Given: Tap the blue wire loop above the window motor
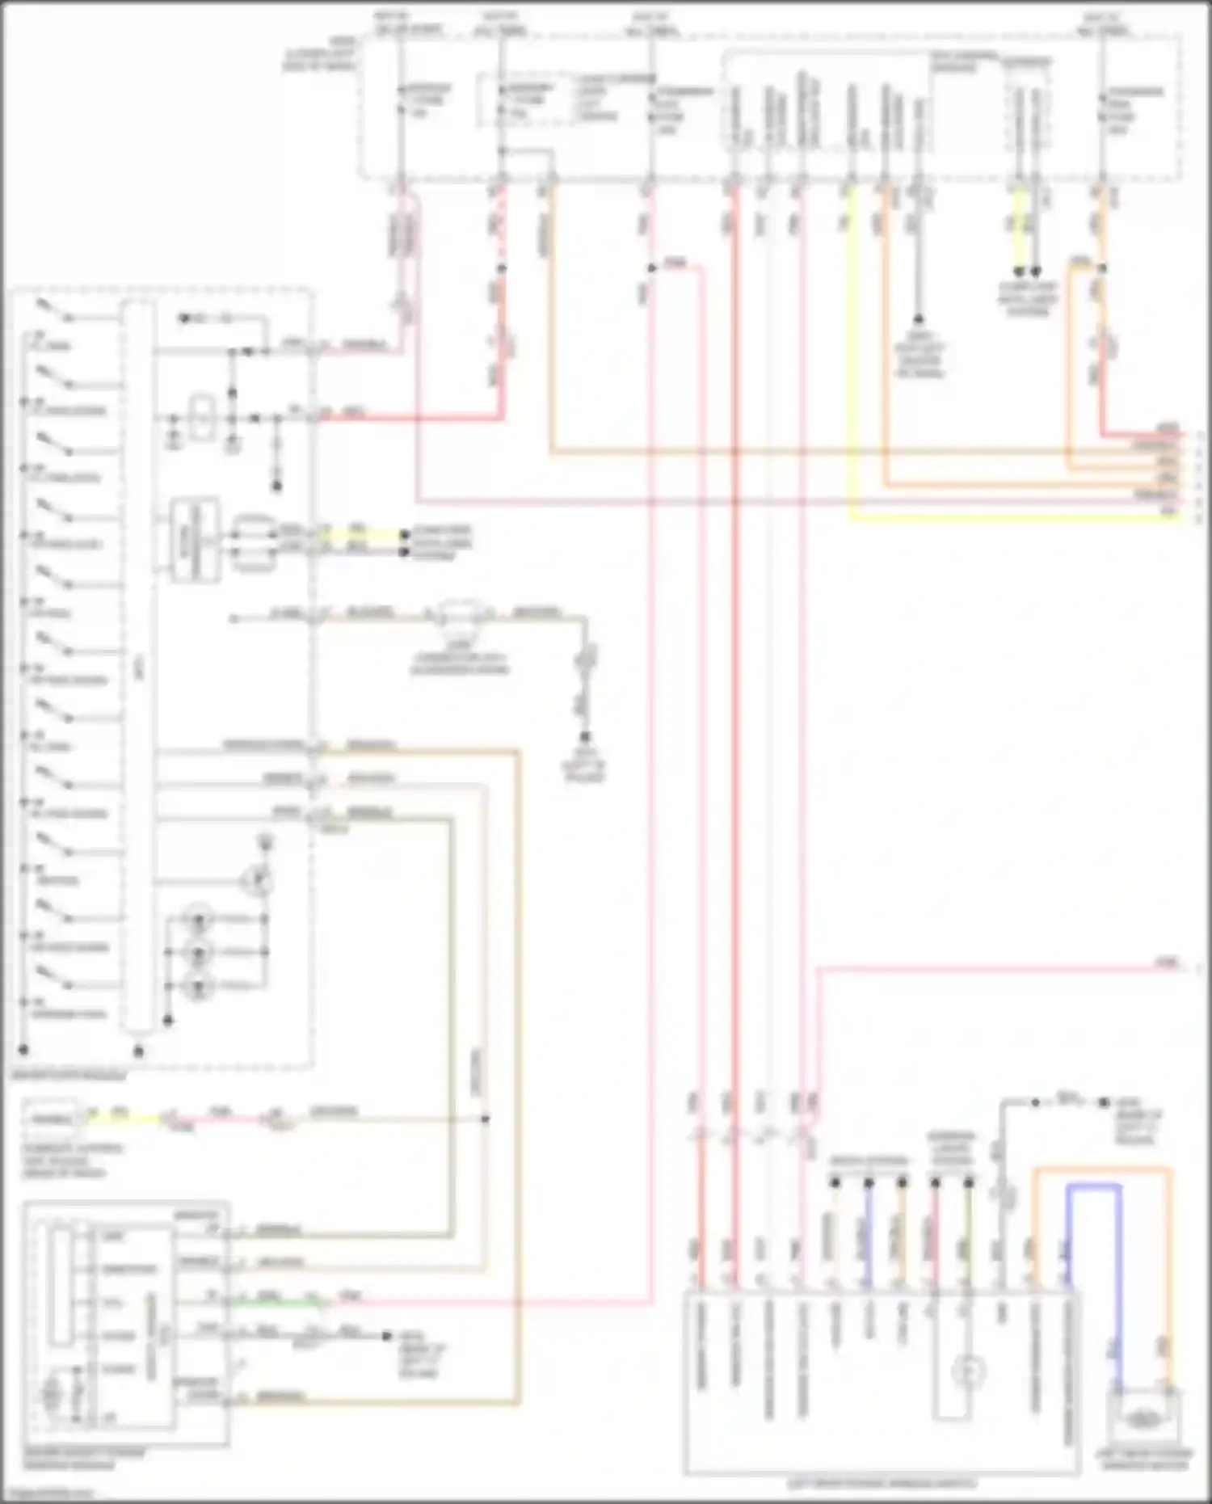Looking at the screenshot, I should click(x=1094, y=1186).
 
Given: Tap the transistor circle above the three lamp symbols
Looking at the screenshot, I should click(x=257, y=880).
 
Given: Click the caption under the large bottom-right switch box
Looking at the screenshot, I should click(x=882, y=1484).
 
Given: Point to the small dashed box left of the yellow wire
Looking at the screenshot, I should click(x=53, y=1119).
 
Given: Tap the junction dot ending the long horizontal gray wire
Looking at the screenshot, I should click(x=485, y=1119).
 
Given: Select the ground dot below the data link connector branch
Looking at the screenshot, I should click(x=584, y=736).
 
